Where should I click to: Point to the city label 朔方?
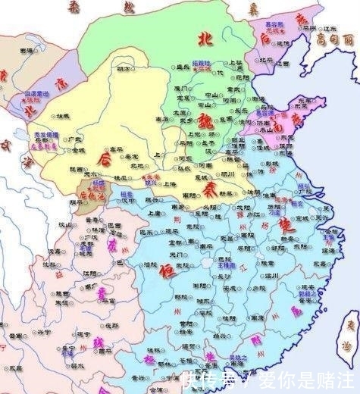pyautogui.click(x=123, y=70)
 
